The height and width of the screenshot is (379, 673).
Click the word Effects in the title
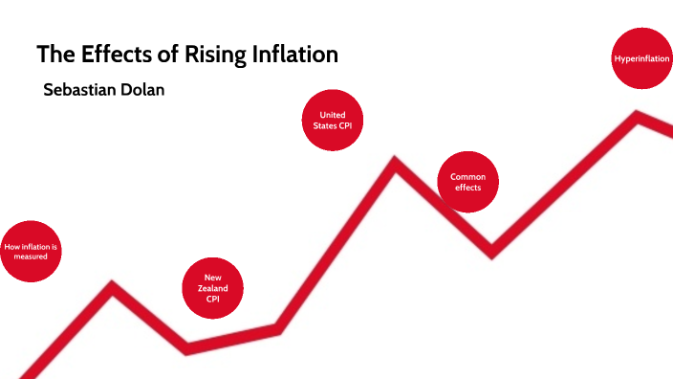105,55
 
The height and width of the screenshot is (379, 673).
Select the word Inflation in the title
291,55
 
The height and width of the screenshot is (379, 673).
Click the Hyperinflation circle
641,59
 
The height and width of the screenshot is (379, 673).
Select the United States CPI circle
333,121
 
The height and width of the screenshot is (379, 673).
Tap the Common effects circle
468,182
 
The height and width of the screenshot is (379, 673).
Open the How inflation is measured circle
31,252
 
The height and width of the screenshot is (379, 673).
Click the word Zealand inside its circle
213,288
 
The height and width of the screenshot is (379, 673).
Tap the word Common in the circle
468,176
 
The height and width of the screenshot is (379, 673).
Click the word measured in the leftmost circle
31,256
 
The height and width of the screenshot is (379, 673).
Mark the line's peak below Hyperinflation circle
637,117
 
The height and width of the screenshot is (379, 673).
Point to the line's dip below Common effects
491,252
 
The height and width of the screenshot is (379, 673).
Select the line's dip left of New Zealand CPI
186,346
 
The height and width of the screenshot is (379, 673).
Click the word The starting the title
53,55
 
